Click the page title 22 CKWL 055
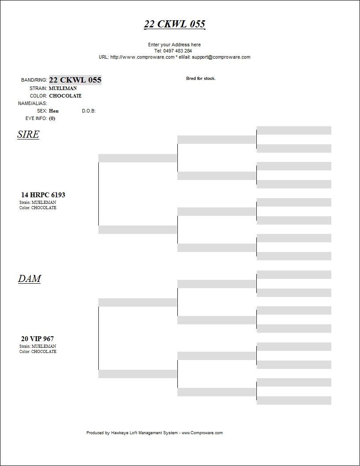(x=175, y=24)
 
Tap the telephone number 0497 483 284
(x=177, y=51)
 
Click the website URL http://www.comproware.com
(x=142, y=57)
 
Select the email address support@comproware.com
(x=221, y=57)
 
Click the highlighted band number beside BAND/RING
(x=75, y=80)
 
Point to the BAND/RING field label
(x=34, y=80)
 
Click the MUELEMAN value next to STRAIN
(x=63, y=88)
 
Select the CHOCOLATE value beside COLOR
(x=65, y=96)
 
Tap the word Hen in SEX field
(x=54, y=111)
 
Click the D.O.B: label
(x=89, y=111)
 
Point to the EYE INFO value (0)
(x=52, y=118)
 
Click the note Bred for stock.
(x=201, y=79)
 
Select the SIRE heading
(x=28, y=135)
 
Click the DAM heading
(x=30, y=279)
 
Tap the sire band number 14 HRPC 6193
(x=43, y=195)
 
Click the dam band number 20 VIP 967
(x=37, y=339)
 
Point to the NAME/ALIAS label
(x=32, y=103)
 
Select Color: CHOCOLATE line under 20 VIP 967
(x=38, y=352)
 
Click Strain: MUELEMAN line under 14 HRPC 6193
(x=38, y=203)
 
